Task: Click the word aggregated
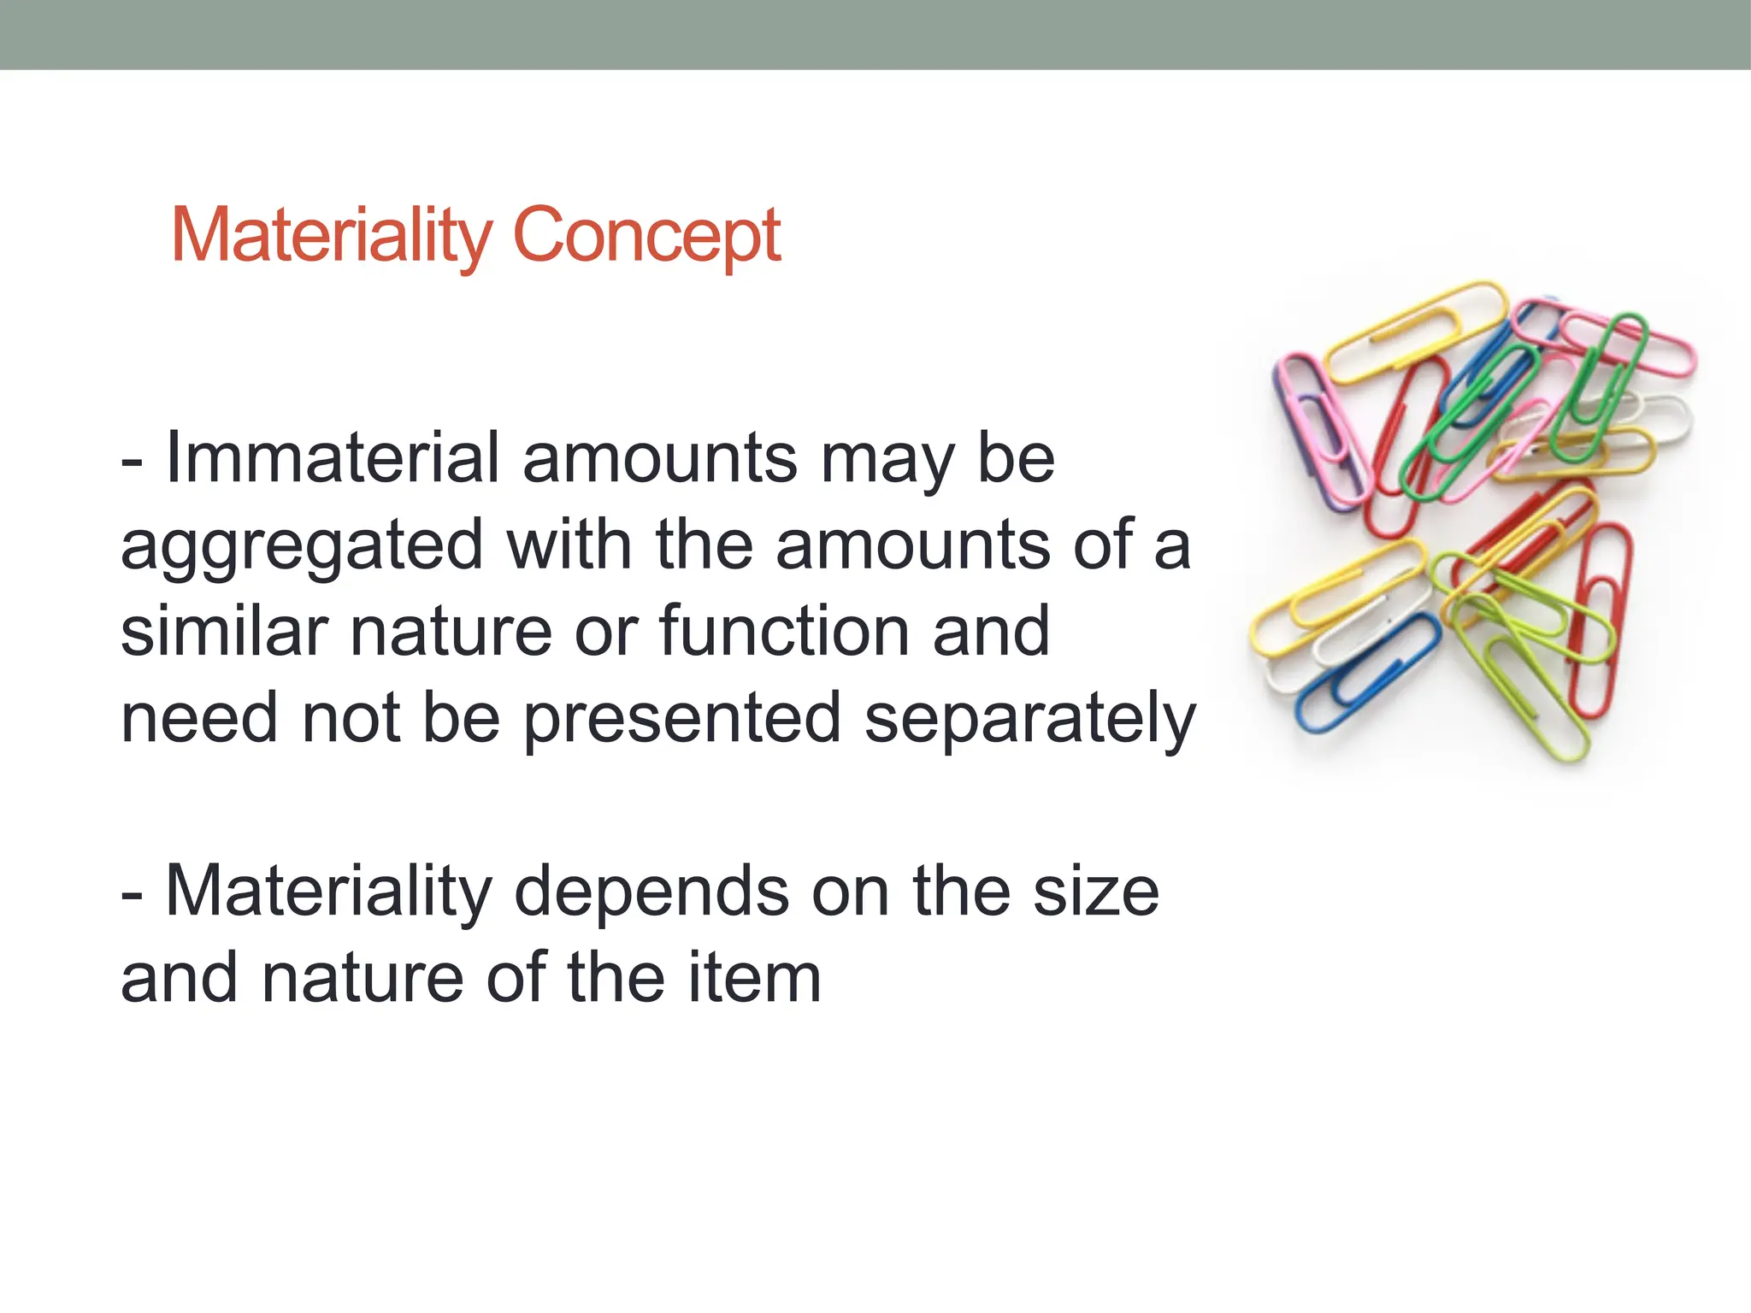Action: (x=303, y=547)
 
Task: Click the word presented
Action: (x=682, y=720)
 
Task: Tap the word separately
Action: (x=1029, y=720)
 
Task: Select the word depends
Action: (x=651, y=892)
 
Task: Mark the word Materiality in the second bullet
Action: (x=328, y=892)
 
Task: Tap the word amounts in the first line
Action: (x=660, y=458)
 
